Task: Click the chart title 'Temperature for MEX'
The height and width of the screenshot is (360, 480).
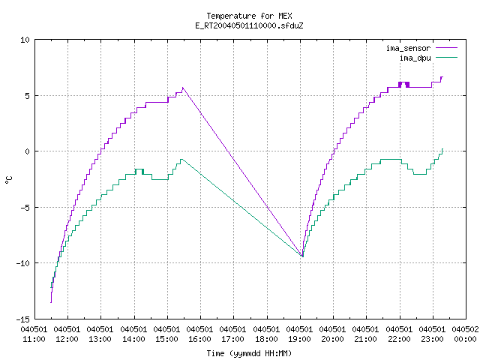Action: coord(249,16)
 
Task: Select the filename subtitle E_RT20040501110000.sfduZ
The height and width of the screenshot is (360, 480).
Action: coord(249,25)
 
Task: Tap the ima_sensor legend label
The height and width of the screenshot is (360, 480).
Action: coord(408,48)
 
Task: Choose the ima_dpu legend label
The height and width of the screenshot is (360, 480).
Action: coord(415,58)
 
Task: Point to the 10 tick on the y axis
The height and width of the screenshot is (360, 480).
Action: coord(25,40)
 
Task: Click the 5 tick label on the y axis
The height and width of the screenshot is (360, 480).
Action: coord(28,96)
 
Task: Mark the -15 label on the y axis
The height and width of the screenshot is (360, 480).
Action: coord(23,319)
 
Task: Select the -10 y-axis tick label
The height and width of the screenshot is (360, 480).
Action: coord(23,263)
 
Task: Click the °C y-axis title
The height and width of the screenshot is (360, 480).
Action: coord(9,180)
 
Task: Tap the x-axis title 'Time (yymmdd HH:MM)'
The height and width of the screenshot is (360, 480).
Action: coord(249,353)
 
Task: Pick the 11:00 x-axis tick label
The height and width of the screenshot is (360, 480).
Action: coord(34,334)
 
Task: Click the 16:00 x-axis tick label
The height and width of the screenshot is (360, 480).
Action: coord(199,334)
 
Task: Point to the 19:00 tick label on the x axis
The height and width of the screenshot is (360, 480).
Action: coord(299,334)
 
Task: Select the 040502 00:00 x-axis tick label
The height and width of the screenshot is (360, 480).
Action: coord(465,334)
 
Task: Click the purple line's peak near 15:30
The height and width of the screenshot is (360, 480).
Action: coord(183,88)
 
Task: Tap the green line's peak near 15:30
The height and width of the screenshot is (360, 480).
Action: coord(181,159)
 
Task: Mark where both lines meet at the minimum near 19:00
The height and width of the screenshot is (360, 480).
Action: coord(302,256)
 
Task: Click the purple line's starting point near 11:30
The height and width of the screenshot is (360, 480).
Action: coord(51,302)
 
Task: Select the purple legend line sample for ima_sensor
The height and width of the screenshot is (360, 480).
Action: coord(446,48)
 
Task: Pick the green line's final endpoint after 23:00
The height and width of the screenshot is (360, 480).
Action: coord(442,149)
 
